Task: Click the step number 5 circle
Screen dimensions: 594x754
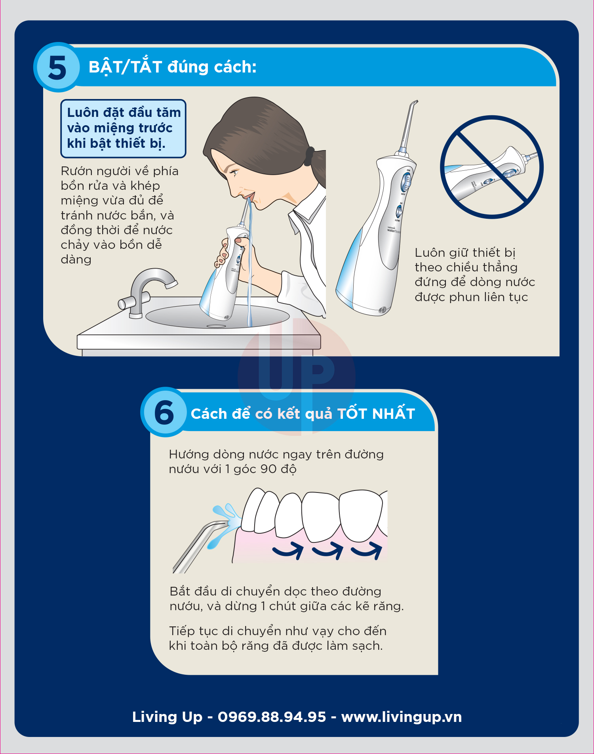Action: pos(57,67)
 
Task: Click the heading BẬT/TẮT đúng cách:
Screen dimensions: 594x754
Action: pos(173,67)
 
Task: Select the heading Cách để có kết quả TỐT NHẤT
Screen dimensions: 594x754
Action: pos(303,414)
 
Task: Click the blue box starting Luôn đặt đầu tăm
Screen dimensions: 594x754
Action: pos(123,128)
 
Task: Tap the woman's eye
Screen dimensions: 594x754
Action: pos(234,173)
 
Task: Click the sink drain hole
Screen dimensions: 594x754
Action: pos(216,326)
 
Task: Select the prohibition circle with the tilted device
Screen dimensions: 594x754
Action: pos(492,167)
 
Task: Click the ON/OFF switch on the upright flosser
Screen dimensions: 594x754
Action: pos(406,182)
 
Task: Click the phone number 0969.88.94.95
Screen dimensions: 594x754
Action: pos(272,717)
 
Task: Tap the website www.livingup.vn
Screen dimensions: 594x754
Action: pos(402,717)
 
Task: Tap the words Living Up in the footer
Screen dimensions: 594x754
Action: pos(167,717)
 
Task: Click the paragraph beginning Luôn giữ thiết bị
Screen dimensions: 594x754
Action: pos(475,275)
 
